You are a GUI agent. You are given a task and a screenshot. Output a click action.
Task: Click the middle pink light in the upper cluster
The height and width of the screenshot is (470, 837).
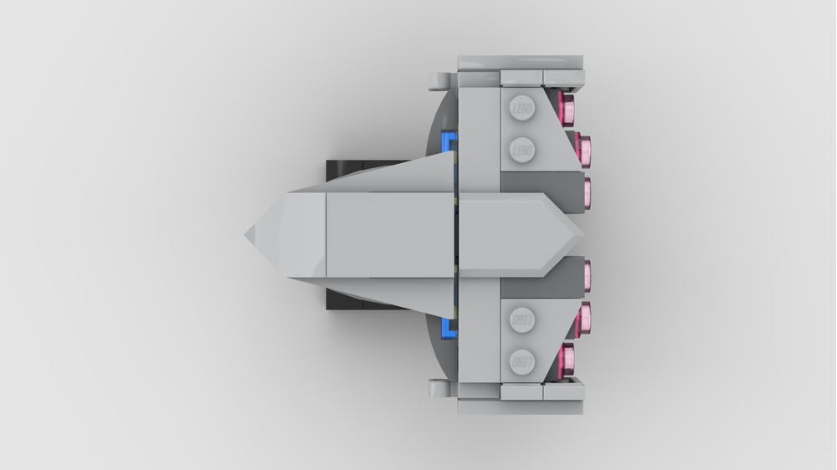[x=585, y=149]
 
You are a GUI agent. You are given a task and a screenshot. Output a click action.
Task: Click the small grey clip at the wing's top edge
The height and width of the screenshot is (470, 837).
[x=440, y=80]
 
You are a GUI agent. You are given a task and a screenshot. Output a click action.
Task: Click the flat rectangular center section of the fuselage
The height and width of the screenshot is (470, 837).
[x=389, y=235]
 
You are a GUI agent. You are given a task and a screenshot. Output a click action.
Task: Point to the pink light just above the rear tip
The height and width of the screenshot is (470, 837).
[x=587, y=192]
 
